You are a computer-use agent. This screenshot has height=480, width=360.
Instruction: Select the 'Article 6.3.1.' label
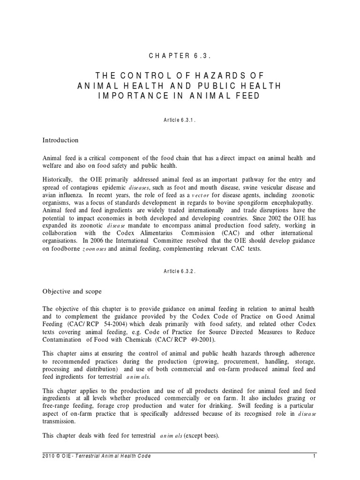tap(180, 120)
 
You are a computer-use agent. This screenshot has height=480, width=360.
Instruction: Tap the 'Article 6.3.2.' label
tap(180, 271)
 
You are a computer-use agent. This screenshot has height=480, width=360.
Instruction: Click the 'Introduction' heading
tap(60, 140)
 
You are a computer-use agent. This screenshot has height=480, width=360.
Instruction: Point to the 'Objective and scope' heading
tap(72, 291)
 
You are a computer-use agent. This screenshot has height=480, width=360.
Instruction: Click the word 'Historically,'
tap(58, 180)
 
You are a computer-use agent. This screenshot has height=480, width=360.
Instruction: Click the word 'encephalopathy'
tap(291, 202)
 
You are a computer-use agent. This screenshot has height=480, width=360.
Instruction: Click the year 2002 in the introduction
tap(287, 218)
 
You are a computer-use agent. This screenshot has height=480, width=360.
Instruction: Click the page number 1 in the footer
tap(315, 456)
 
